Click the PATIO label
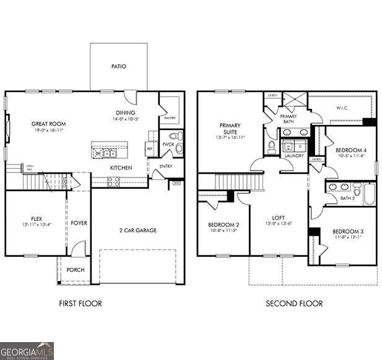(x=119, y=66)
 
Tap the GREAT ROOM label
(x=49, y=124)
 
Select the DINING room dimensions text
(x=125, y=119)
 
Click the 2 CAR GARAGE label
(x=137, y=230)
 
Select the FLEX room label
(x=37, y=218)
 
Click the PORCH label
(x=76, y=270)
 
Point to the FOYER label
(x=79, y=223)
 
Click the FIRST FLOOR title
(x=80, y=303)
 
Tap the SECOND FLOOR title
(x=294, y=303)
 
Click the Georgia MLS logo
(x=27, y=351)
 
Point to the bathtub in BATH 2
(x=369, y=193)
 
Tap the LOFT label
(x=278, y=218)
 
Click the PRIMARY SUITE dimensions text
(x=230, y=137)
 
